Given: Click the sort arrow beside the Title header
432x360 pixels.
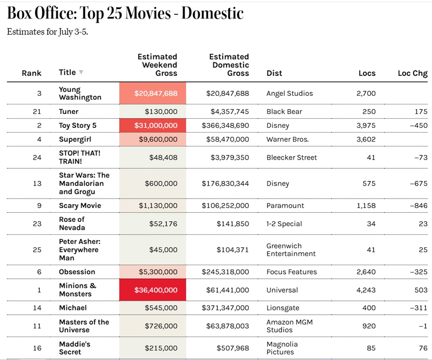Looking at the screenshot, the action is (81, 72).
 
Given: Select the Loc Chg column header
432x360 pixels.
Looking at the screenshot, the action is (413, 73).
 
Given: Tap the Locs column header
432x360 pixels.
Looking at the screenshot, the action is (367, 73).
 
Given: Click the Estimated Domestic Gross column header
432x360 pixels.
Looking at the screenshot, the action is (229, 65).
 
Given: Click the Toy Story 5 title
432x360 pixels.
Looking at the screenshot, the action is (77, 126).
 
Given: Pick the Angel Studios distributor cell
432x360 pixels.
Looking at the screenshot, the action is (289, 93).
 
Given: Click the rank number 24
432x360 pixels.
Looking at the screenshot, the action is (37, 158).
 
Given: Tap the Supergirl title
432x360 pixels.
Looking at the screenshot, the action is (75, 139).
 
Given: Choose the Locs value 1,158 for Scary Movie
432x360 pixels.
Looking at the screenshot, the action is (366, 205).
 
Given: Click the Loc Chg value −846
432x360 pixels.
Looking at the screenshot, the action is (419, 205).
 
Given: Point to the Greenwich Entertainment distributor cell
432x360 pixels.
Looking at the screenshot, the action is (291, 249).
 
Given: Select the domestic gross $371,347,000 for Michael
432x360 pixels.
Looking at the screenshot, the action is (225, 308).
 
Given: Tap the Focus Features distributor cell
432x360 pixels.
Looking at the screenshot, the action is (292, 272).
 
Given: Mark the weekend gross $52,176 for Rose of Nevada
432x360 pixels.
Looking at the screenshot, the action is (163, 224).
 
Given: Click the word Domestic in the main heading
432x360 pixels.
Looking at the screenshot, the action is (213, 13).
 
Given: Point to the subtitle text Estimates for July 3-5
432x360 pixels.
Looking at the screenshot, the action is (48, 32).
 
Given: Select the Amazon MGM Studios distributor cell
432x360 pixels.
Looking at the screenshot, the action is (289, 326).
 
